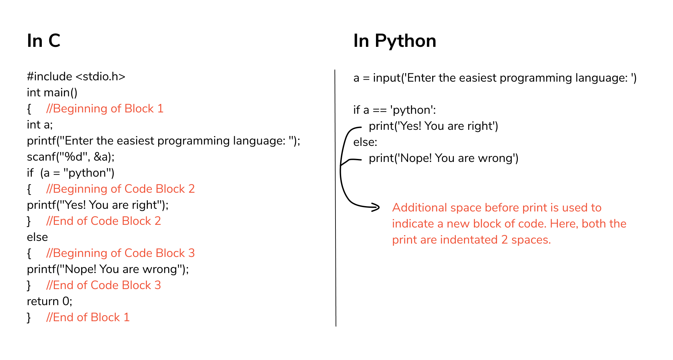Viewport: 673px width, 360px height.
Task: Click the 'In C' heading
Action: (x=43, y=41)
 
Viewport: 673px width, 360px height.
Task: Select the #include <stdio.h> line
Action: (x=76, y=77)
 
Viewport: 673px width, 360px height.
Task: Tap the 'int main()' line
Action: (x=52, y=93)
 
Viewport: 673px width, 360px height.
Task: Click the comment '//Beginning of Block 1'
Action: (x=105, y=109)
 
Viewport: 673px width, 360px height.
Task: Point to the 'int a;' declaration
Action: (x=40, y=125)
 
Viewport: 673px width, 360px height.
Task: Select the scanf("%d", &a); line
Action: (x=71, y=157)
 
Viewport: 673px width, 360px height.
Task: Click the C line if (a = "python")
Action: (x=71, y=173)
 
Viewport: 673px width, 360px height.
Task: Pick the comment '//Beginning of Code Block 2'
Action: (x=120, y=189)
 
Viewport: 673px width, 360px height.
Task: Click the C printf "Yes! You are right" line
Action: (x=98, y=205)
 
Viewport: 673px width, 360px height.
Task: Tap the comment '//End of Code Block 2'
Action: (x=104, y=221)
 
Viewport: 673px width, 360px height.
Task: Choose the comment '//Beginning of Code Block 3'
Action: (x=120, y=253)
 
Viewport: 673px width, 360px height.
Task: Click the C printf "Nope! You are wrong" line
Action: (x=108, y=269)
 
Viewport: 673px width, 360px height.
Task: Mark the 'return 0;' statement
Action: (x=50, y=301)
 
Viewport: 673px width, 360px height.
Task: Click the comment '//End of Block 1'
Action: (x=88, y=318)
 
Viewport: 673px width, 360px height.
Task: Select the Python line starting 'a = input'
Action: (x=495, y=78)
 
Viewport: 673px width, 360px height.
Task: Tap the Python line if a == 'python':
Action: (x=395, y=110)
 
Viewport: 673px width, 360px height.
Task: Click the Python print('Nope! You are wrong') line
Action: (x=444, y=158)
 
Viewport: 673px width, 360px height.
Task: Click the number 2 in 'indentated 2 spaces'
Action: (x=504, y=240)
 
